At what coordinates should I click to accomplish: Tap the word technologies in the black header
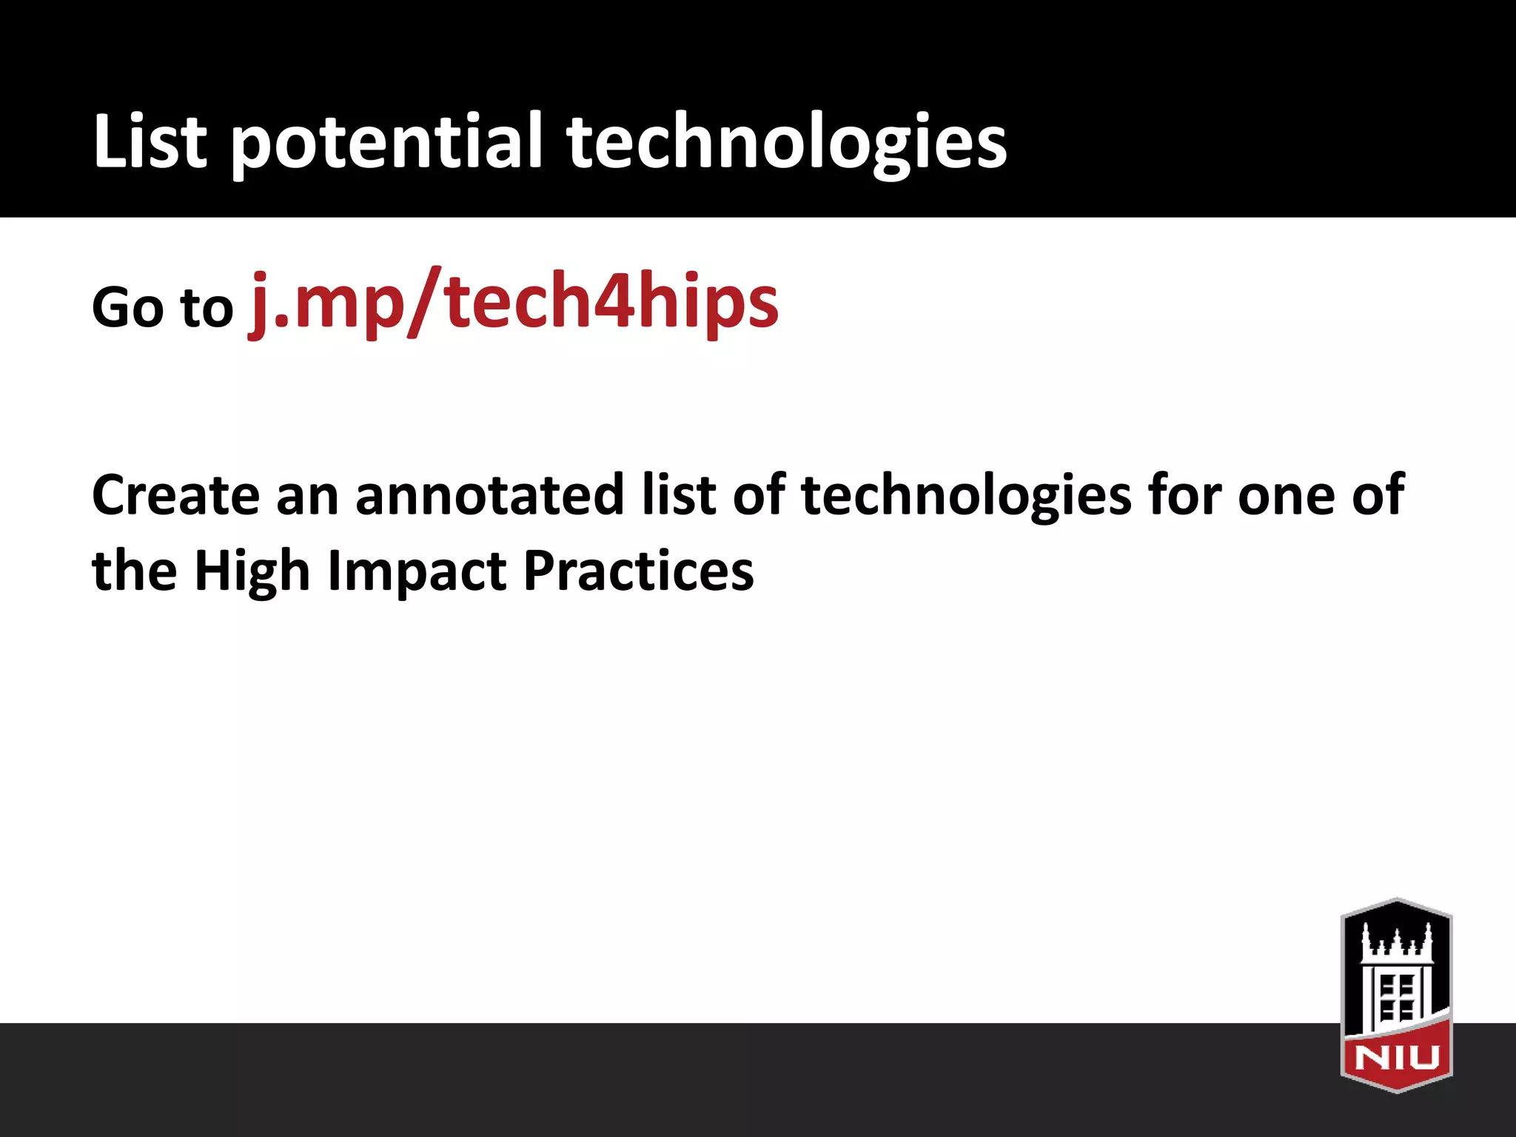[786, 142]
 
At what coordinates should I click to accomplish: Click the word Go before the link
[127, 307]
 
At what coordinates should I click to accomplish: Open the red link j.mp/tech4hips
[514, 302]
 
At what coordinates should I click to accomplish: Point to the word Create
[175, 494]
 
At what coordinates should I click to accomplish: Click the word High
[251, 571]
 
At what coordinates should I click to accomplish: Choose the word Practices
[638, 571]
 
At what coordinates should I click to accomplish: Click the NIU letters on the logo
[1397, 1058]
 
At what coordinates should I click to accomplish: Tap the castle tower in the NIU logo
[1396, 962]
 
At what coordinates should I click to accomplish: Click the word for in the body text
[1184, 494]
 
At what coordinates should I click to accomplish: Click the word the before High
[134, 571]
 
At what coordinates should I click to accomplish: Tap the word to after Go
[207, 307]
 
